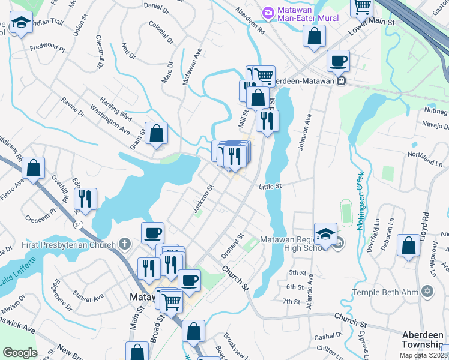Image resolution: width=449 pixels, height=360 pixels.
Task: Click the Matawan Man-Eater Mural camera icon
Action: tap(268, 12)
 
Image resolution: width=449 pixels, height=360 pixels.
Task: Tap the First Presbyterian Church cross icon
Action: tap(125, 244)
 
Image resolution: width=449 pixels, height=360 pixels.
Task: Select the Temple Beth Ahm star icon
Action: tap(427, 292)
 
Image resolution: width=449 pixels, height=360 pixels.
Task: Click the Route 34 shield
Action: tap(79, 224)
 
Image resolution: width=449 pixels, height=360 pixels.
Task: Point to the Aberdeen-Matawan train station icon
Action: tap(341, 80)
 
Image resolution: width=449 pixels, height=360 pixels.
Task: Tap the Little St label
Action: tap(270, 187)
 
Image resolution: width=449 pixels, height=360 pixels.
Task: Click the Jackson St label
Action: tap(203, 199)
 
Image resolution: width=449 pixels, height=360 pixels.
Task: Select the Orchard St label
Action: tap(231, 246)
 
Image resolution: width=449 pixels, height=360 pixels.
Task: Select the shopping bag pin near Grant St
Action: tap(156, 133)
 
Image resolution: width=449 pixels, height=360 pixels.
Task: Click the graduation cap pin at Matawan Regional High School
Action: tap(325, 233)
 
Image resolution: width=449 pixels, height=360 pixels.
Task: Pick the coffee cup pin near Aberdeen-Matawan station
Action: tap(339, 60)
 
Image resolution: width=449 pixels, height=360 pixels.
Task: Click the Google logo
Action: tap(20, 353)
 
